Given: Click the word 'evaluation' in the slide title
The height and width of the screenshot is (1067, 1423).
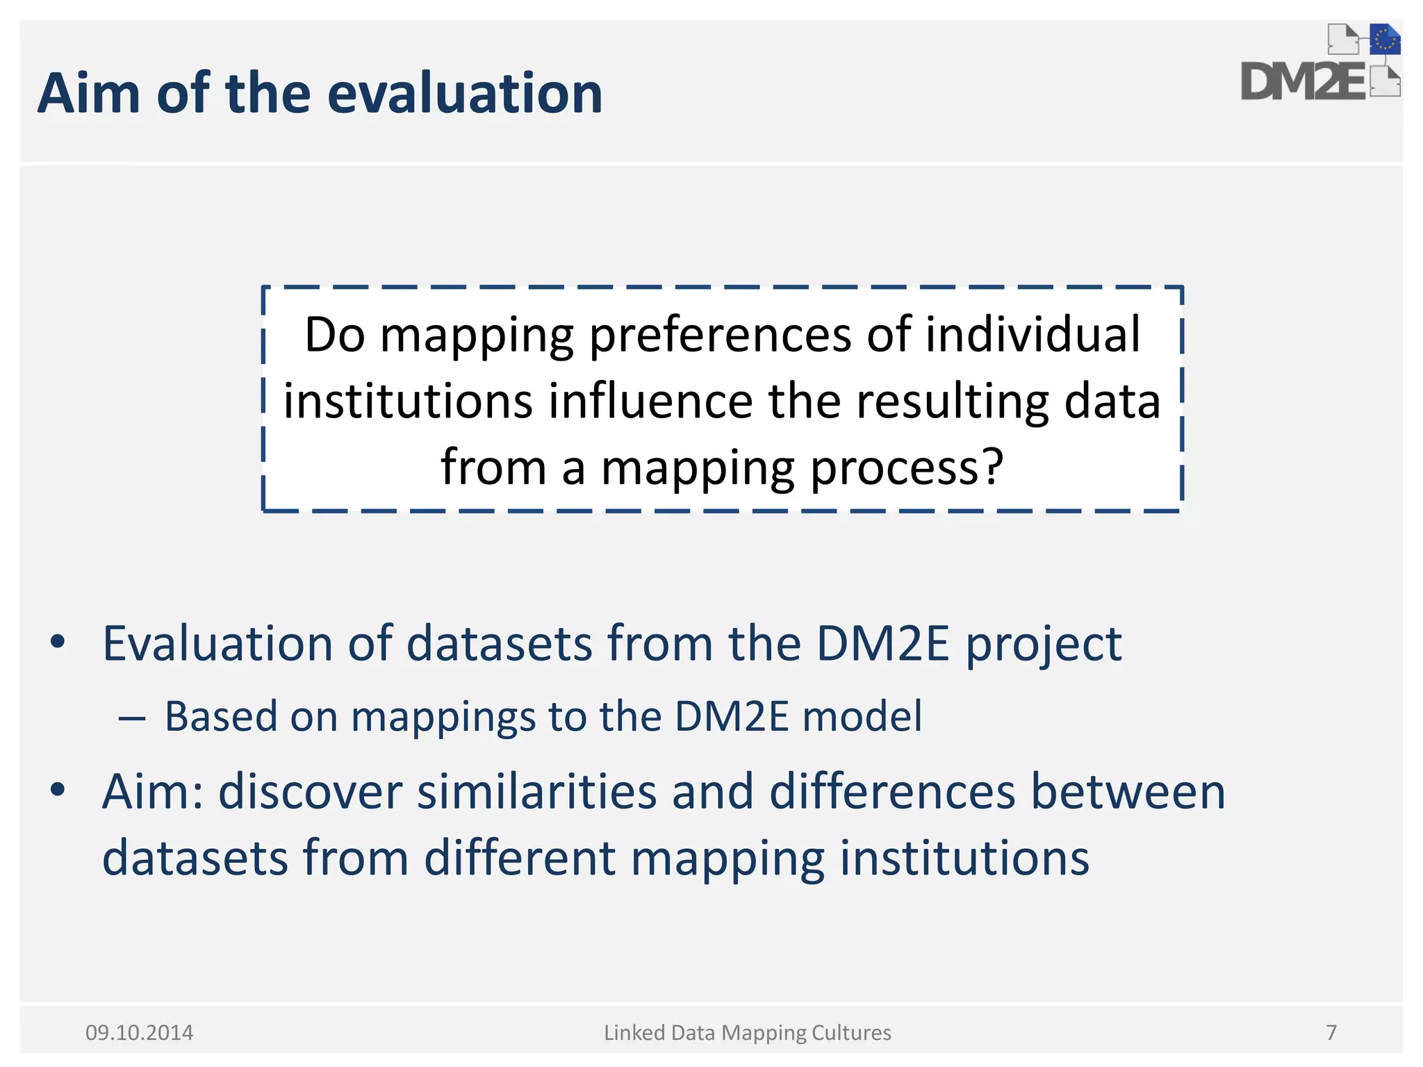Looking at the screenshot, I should pyautogui.click(x=464, y=94).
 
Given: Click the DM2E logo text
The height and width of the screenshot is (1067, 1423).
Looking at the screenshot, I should pyautogui.click(x=1302, y=83).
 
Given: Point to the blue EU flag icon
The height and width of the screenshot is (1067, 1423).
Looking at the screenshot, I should pyautogui.click(x=1385, y=40).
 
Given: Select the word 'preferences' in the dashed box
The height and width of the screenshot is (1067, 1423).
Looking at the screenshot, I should pyautogui.click(x=721, y=336).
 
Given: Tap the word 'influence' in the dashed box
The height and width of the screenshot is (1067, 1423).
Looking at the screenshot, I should pyautogui.click(x=650, y=402).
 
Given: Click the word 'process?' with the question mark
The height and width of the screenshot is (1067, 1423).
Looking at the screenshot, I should pyautogui.click(x=907, y=467).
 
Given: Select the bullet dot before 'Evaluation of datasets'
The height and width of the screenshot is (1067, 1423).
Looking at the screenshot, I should pyautogui.click(x=58, y=642).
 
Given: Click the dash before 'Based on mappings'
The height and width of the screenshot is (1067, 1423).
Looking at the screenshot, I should pyautogui.click(x=131, y=718).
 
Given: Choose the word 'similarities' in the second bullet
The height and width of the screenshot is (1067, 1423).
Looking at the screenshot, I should pyautogui.click(x=536, y=792).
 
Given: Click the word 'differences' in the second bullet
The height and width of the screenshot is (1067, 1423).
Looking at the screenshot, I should pyautogui.click(x=892, y=792).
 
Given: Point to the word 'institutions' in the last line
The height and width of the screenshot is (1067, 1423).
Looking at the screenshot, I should pyautogui.click(x=964, y=858).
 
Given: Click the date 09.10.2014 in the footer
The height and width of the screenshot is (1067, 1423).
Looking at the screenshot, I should pyautogui.click(x=139, y=1033).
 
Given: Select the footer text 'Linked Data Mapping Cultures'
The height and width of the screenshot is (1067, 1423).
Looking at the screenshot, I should pyautogui.click(x=747, y=1033).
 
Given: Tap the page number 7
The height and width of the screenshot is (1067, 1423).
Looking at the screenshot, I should pyautogui.click(x=1331, y=1033).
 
